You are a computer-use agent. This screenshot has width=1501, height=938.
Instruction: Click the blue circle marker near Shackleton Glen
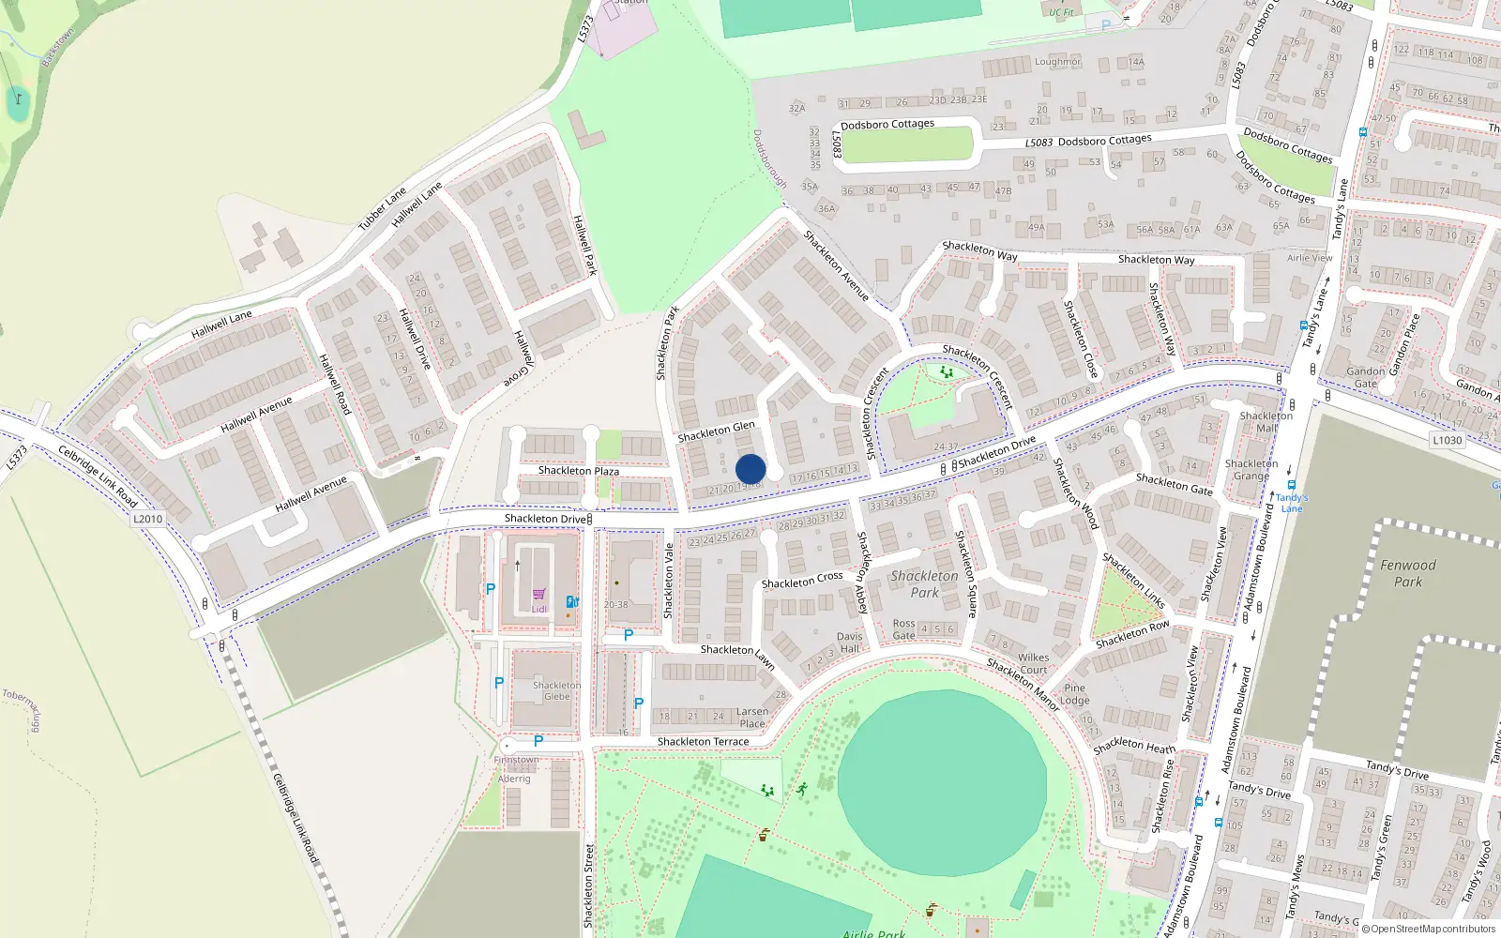tap(750, 469)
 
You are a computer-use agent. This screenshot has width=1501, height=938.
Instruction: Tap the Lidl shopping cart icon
tap(538, 594)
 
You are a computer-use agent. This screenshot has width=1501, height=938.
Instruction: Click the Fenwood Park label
tap(1407, 573)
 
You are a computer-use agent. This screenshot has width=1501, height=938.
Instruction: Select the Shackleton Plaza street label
tap(578, 471)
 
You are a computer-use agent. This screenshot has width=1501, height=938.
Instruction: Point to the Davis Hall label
tap(849, 643)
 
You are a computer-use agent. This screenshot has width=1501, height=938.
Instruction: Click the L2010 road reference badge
tap(147, 519)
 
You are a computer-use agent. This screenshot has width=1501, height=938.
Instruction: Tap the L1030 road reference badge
tap(1448, 440)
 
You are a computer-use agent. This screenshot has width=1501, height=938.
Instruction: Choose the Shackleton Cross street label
tap(802, 581)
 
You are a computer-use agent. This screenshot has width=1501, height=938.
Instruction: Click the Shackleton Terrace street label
tap(703, 741)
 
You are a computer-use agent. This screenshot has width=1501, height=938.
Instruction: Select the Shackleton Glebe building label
tap(556, 690)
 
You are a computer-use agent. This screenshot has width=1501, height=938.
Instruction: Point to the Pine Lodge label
tap(1075, 694)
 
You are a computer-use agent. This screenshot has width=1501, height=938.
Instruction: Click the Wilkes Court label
tap(1033, 663)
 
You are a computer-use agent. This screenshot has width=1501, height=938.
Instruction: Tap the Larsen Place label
tap(752, 718)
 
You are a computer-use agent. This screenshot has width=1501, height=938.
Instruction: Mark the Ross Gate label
tap(903, 629)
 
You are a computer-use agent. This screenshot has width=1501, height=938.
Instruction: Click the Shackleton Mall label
tap(1266, 422)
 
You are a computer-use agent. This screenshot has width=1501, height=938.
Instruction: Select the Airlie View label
tap(1310, 258)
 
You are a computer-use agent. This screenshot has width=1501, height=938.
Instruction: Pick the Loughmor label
tap(1057, 62)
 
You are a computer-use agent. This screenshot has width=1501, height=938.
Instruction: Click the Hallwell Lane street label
tap(221, 325)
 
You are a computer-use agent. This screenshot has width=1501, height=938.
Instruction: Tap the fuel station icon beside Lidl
tap(571, 601)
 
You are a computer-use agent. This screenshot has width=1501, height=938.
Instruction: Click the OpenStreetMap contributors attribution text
tap(1433, 929)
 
